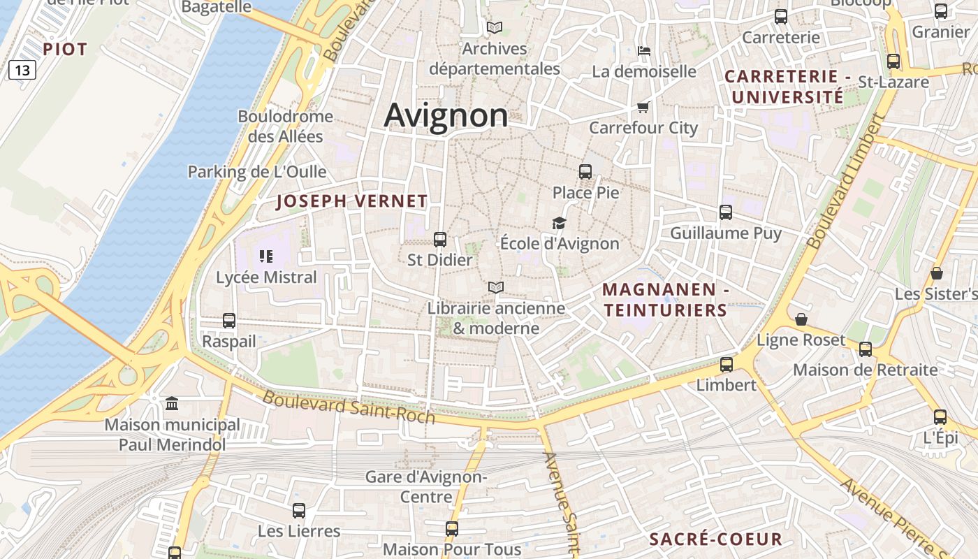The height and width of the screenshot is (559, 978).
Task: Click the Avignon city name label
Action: pos(446,115)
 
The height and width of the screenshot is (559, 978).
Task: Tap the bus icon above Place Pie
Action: pos(585,171)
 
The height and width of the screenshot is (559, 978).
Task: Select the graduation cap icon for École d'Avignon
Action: pos(559,223)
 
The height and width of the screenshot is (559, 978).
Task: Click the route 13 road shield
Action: pos(22,70)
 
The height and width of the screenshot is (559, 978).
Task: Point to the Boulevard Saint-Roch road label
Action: pos(349,407)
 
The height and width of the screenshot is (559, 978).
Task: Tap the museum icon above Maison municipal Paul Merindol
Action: pos(172,404)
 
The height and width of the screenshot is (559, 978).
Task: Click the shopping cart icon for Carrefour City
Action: pos(643,107)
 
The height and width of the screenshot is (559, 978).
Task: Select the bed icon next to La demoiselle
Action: pos(644,50)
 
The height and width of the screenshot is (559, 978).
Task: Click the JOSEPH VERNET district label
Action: pos(352,201)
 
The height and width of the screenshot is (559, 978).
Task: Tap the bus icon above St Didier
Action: pos(440,240)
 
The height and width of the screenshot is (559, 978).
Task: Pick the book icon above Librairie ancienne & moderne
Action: pos(495,287)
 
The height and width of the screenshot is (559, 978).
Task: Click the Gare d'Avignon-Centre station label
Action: pos(426,487)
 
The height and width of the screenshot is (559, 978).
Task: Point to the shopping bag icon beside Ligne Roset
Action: pos(801,319)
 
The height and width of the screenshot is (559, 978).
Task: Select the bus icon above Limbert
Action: pos(727,364)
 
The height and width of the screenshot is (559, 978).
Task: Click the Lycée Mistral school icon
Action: pos(265,256)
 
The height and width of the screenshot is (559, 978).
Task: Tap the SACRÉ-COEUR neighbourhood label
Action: pos(716,539)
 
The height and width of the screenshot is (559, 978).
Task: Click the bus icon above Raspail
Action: pos(229,321)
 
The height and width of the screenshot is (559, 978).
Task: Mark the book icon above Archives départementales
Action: pos(495,28)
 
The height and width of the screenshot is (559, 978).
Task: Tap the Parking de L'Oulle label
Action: pos(257,172)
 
